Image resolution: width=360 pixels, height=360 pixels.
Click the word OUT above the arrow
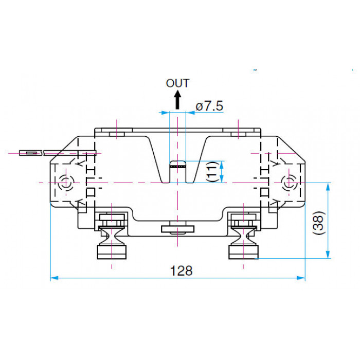[x=177, y=83]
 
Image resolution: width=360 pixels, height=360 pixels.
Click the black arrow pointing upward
[x=177, y=100]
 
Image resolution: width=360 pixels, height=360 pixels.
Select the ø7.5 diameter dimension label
[x=209, y=106]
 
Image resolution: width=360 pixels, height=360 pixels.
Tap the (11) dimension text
[x=212, y=172]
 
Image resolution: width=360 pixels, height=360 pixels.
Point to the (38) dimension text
[x=319, y=223]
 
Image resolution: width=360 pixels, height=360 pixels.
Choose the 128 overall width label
[x=181, y=271]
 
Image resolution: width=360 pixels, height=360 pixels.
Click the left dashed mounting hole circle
[x=66, y=183]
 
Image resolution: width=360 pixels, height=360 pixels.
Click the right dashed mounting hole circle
[x=289, y=183]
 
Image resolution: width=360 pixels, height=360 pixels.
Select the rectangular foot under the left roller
[x=112, y=252]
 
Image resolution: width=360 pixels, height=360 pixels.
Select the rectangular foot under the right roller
[x=243, y=252]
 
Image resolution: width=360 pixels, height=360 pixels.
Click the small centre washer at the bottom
[x=177, y=229]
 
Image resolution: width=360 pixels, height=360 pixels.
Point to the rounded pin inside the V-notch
[x=177, y=171]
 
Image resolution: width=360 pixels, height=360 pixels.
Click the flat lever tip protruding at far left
[x=31, y=153]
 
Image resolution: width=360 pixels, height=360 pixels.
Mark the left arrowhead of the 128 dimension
[x=54, y=278]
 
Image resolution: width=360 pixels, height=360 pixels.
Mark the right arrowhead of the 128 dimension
[x=301, y=278]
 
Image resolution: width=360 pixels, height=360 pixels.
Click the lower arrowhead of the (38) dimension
[x=328, y=255]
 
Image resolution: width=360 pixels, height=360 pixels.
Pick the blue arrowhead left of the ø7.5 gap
[x=165, y=113]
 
